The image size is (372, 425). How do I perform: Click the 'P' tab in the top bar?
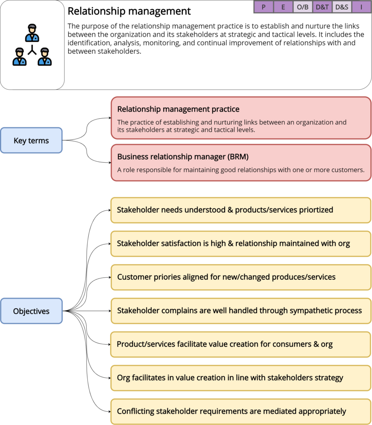click(263, 7)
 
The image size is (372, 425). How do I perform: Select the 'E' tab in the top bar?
click(283, 7)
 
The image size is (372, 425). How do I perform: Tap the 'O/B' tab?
click(303, 7)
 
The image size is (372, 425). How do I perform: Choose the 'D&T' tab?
click(322, 7)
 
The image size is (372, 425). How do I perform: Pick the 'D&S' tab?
click(342, 7)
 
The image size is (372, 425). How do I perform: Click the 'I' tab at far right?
click(361, 7)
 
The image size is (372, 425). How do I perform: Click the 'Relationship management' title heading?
click(129, 11)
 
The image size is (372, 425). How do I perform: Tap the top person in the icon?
click(32, 33)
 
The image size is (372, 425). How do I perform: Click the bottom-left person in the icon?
click(19, 57)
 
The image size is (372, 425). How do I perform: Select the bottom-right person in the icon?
click(44, 57)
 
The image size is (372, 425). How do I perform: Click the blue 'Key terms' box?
click(31, 141)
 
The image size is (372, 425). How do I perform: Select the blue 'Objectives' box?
click(31, 311)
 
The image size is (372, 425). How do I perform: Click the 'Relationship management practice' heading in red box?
click(178, 109)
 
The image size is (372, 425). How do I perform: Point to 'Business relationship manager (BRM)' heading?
click(183, 156)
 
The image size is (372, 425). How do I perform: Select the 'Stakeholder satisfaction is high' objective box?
click(240, 244)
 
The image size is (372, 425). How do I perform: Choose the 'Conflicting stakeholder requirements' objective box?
click(240, 411)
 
